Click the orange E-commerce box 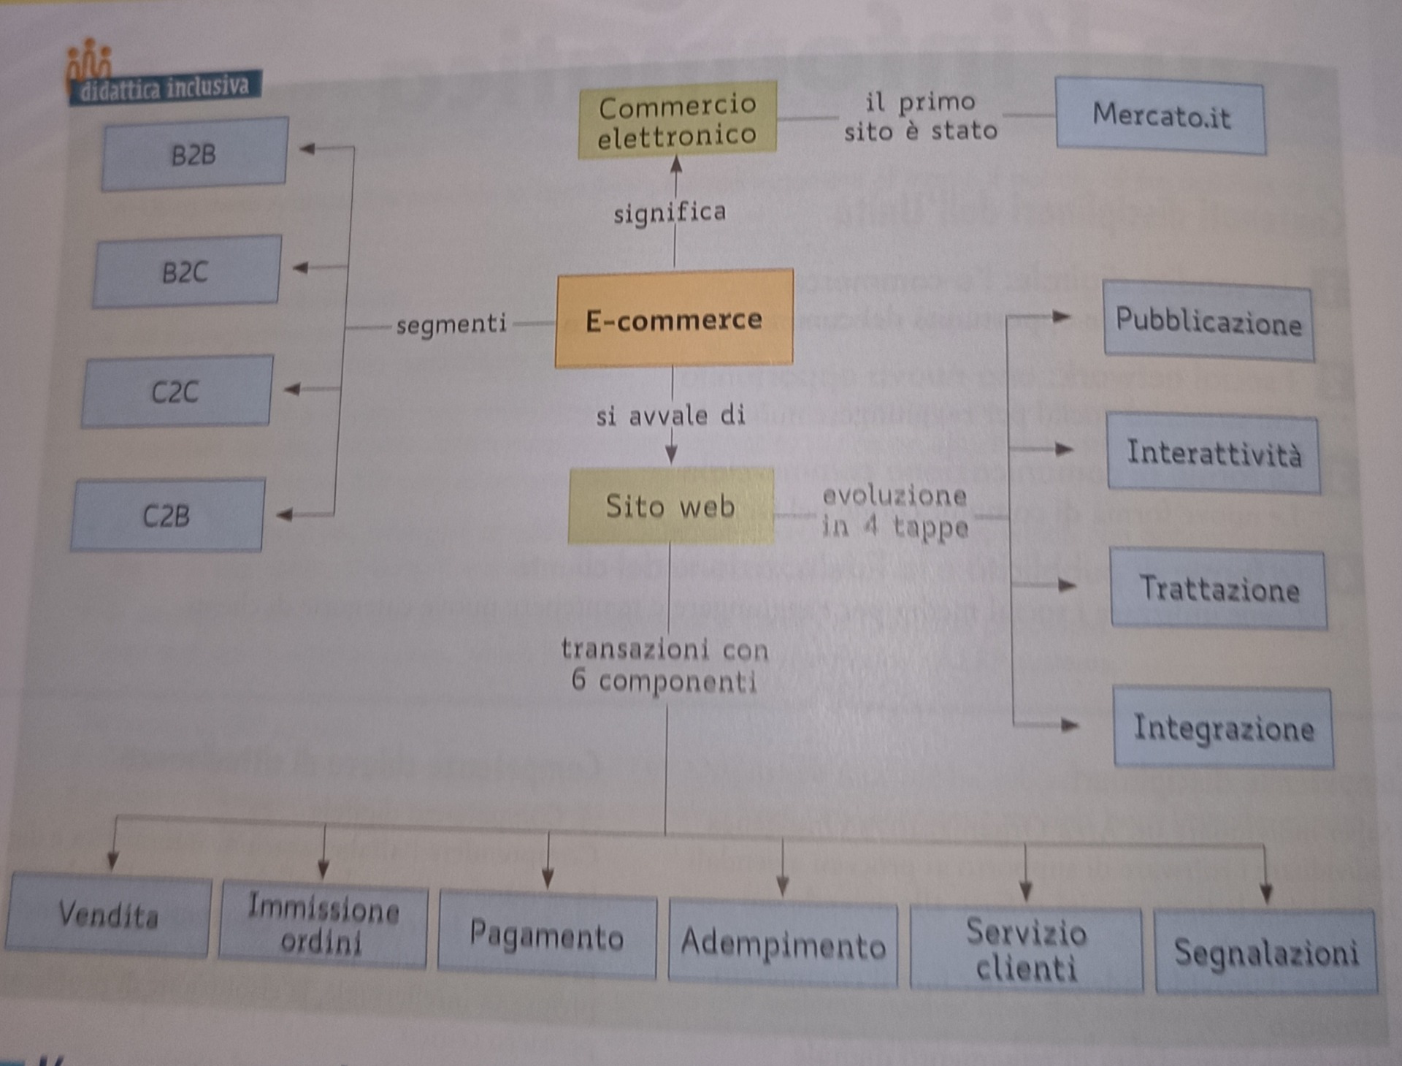point(674,319)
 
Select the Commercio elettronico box point(677,120)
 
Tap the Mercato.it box point(1160,116)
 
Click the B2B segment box point(194,154)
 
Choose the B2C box point(186,272)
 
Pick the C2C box point(177,392)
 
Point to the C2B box point(167,515)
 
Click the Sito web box point(670,506)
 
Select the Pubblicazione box point(1208,321)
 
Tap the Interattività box point(1213,453)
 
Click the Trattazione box point(1219,589)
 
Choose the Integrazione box point(1223,728)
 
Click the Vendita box point(108,915)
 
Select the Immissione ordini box point(323,925)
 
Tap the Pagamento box point(546,935)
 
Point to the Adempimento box point(783,945)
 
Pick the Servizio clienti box point(1026,950)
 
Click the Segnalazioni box point(1265,952)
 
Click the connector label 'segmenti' point(451,324)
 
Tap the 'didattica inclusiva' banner point(165,88)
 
